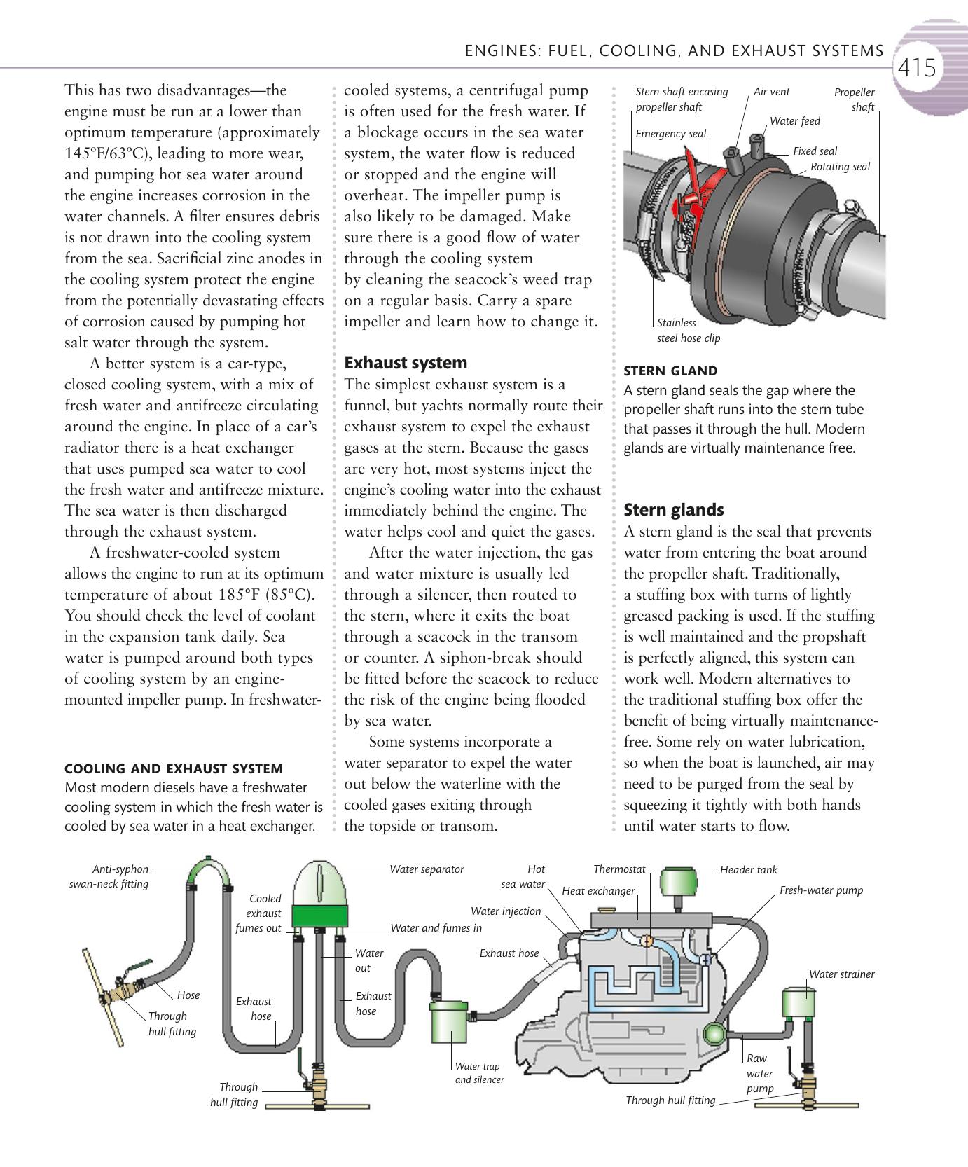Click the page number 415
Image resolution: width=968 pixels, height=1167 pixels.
click(916, 68)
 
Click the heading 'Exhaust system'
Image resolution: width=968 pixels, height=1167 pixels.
click(406, 363)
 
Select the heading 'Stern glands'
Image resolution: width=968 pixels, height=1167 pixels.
click(673, 510)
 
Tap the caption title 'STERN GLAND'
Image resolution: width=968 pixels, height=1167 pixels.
click(670, 371)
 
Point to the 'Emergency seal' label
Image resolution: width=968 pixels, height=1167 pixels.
click(670, 134)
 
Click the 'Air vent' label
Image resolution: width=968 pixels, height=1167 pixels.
click(771, 92)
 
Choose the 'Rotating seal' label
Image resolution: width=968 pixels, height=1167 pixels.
click(840, 167)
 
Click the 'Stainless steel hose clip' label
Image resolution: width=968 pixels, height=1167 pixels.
click(688, 331)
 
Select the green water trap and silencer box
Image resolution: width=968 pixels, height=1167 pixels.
click(449, 1027)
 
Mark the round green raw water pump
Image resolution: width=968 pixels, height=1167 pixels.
click(715, 1034)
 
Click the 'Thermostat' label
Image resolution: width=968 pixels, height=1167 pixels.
click(619, 869)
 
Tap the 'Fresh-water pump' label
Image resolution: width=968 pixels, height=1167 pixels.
click(821, 890)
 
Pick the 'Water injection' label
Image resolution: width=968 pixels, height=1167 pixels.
click(506, 911)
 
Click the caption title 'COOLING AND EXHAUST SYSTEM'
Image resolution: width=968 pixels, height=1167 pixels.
click(174, 768)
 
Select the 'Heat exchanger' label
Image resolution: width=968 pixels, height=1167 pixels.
click(598, 891)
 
